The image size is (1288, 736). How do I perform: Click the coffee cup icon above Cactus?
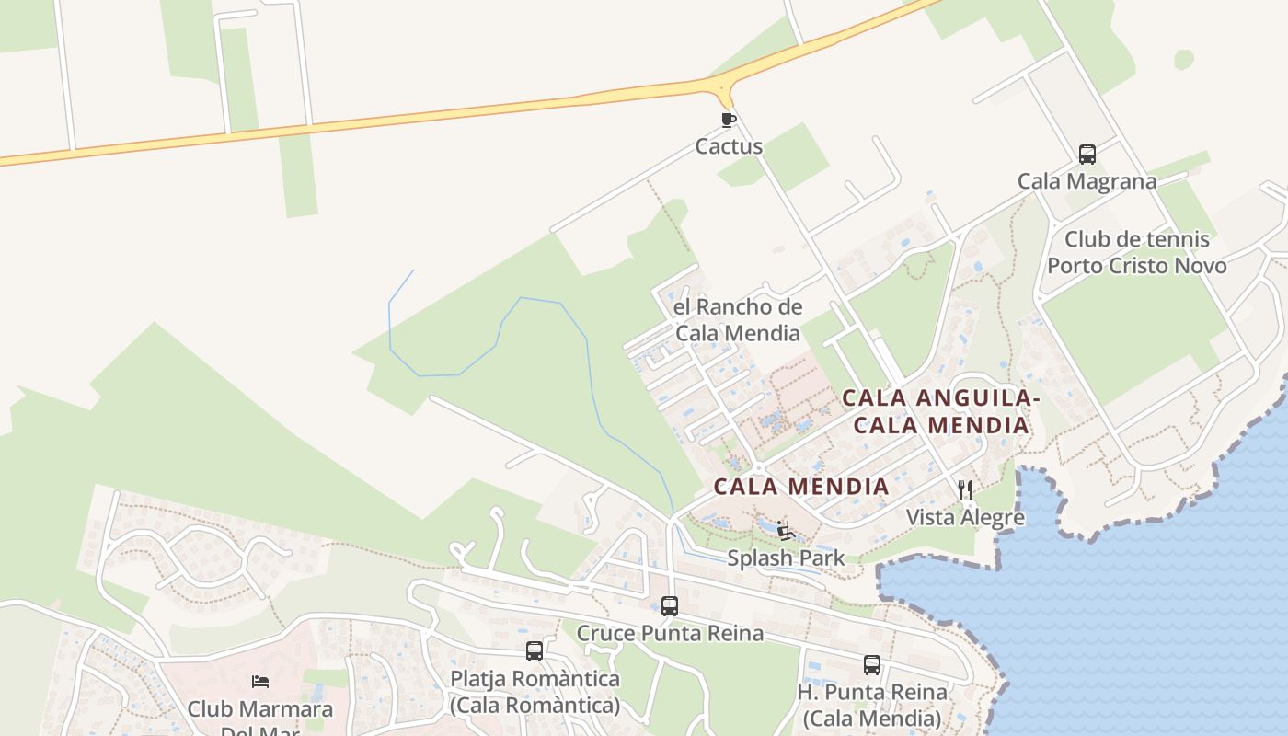(x=729, y=120)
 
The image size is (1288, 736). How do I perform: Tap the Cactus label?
(x=729, y=146)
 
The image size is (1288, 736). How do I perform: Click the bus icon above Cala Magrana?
(x=1087, y=155)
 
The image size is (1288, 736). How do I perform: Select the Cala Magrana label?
(x=1087, y=181)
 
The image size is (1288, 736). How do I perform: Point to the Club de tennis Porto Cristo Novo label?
(x=1136, y=253)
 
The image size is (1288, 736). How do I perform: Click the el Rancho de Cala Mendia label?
(x=738, y=320)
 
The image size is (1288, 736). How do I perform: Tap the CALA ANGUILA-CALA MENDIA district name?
(x=939, y=411)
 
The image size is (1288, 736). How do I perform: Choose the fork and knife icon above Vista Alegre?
(x=965, y=490)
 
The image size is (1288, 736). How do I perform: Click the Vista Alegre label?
(x=965, y=517)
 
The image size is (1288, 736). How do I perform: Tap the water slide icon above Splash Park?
(x=786, y=531)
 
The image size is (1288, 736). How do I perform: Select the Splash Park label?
(x=786, y=558)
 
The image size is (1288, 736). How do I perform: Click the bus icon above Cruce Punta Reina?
(x=670, y=606)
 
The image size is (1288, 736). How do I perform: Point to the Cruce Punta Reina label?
(x=670, y=633)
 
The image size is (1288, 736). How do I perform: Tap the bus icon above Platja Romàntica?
(x=535, y=651)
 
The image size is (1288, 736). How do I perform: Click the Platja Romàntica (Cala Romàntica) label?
(x=535, y=692)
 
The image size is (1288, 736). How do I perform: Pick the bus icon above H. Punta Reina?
(x=871, y=665)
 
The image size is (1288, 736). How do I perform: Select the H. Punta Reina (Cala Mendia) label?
(x=871, y=705)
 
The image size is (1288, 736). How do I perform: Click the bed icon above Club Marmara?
(x=260, y=682)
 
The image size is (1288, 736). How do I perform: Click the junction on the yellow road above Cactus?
(x=723, y=88)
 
